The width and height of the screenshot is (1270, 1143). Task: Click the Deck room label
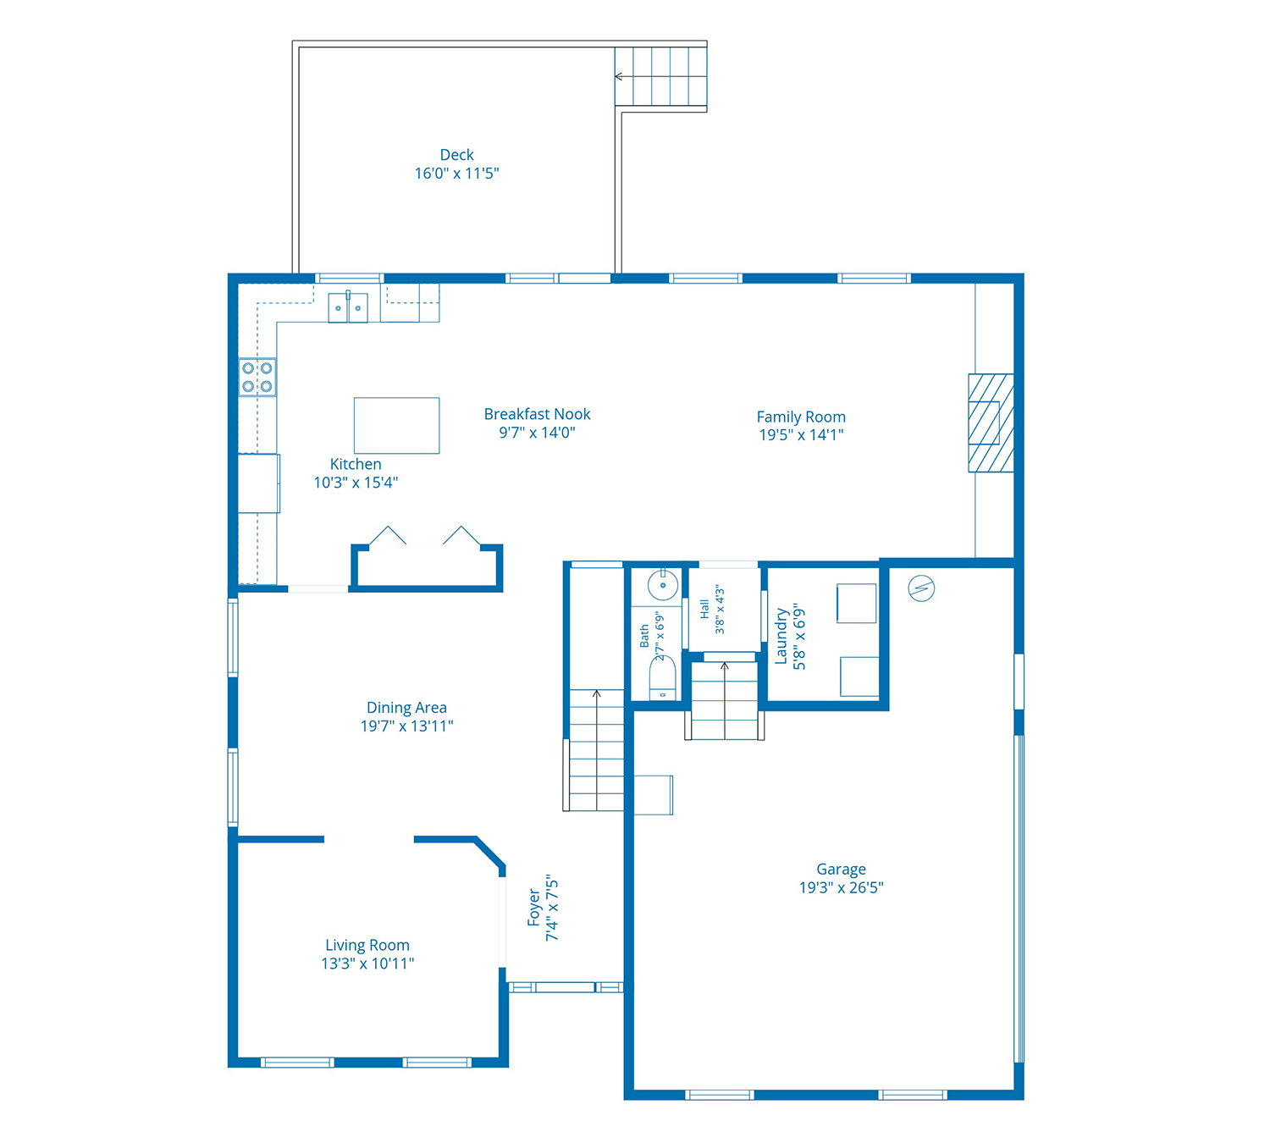(x=456, y=154)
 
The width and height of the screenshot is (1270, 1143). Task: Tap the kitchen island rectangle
(x=396, y=426)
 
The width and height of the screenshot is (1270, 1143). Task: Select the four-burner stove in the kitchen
(x=257, y=377)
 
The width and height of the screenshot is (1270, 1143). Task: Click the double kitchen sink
(x=348, y=307)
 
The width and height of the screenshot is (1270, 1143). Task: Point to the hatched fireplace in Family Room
(x=991, y=423)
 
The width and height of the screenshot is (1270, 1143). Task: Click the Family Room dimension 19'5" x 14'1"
(x=801, y=435)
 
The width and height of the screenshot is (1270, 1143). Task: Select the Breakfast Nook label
(x=537, y=414)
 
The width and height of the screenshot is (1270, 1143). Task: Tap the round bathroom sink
(x=663, y=584)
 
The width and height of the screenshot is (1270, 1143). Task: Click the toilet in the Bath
(x=662, y=677)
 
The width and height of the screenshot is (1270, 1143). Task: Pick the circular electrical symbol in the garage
(x=921, y=588)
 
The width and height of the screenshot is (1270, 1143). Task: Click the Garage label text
(x=841, y=869)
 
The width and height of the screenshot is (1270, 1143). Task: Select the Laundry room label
(x=781, y=636)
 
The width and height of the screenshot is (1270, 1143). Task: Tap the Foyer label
(x=533, y=908)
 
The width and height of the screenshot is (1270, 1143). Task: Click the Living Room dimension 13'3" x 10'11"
(x=367, y=964)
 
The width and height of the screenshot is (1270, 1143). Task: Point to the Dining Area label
(x=406, y=707)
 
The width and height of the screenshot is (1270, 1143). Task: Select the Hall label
(x=704, y=610)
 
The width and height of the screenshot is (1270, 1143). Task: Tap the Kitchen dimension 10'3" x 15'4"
(x=356, y=483)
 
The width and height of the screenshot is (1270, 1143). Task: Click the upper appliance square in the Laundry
(x=857, y=604)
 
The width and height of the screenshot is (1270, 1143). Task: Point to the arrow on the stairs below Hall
(x=724, y=700)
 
